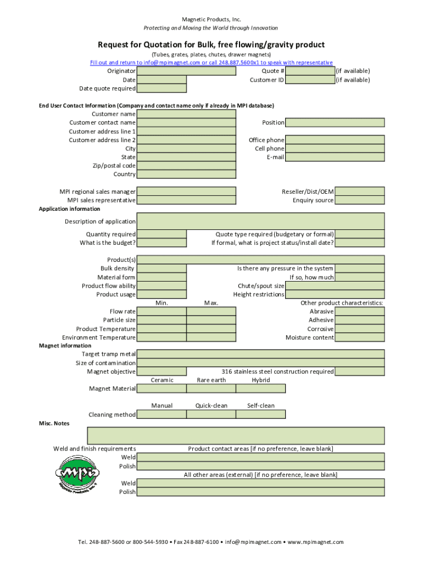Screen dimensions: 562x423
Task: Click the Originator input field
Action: click(162, 71)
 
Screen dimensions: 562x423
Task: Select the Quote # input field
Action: click(310, 71)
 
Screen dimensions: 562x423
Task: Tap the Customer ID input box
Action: click(310, 80)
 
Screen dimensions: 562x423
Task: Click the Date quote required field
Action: click(162, 88)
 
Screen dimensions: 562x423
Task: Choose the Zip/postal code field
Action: click(186, 166)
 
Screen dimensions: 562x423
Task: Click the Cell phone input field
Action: click(335, 149)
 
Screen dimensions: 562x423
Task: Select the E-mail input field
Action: click(335, 158)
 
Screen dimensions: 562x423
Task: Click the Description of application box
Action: click(260, 221)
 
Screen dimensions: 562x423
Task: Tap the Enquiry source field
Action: click(359, 200)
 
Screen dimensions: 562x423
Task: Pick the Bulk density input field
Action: click(162, 268)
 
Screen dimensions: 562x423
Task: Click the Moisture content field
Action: click(359, 338)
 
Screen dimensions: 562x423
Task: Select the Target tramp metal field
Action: click(260, 354)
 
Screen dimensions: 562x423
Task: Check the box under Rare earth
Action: click(211, 389)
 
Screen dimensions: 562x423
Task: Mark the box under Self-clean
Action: click(260, 414)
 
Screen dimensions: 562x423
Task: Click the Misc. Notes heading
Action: click(54, 424)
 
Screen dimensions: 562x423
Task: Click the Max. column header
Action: click(211, 303)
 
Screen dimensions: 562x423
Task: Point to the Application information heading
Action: click(69, 209)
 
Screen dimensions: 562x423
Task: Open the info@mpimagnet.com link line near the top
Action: click(211, 63)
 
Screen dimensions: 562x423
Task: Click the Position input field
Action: click(335, 122)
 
